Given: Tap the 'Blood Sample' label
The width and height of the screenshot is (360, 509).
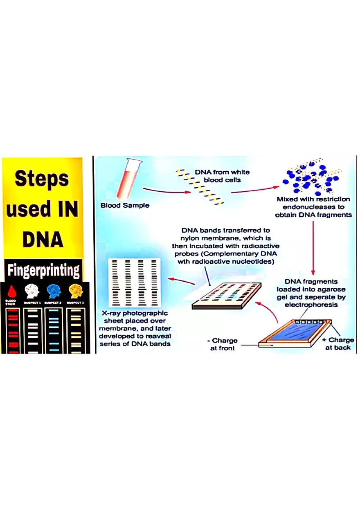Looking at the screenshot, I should coord(125,205).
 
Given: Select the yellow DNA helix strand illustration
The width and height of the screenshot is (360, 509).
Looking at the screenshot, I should coord(200,186).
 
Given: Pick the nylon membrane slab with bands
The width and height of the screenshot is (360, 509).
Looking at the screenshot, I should coord(227,294).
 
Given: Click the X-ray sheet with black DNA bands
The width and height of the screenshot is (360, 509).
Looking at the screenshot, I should coord(134,282).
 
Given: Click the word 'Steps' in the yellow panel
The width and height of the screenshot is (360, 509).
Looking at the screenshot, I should coord(42,179).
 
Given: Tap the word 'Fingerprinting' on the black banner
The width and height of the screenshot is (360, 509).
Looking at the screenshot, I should coord(44,270).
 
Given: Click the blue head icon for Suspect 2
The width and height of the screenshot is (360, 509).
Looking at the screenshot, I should coord(54,291).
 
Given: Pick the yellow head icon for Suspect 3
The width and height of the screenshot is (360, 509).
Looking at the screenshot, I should coord(75,291).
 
